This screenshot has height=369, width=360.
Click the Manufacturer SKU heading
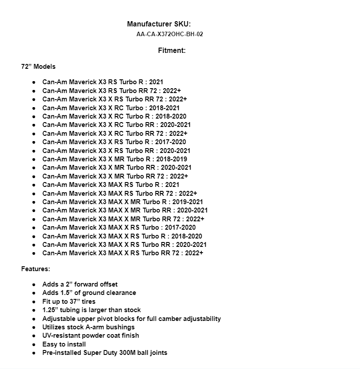[159, 24]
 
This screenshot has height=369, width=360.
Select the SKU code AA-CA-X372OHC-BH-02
[169, 34]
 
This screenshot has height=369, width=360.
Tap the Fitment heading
[172, 50]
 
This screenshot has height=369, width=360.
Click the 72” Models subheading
[38, 67]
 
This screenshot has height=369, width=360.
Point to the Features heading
[36, 268]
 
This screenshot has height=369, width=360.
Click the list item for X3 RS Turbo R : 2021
[103, 82]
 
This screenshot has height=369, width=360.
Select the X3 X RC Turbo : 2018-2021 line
[111, 108]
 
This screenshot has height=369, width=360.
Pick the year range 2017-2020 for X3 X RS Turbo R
[171, 142]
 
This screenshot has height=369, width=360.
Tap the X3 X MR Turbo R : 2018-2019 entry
[115, 159]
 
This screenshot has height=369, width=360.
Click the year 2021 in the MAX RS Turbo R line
[172, 185]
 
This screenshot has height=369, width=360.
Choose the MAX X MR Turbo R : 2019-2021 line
[123, 202]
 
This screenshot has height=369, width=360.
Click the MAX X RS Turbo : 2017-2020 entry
[119, 227]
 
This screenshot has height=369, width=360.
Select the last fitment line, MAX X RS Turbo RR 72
[123, 253]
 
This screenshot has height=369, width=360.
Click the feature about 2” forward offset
[80, 284]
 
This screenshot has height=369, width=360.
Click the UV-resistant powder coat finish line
[90, 335]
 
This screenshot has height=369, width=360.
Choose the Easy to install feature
[64, 344]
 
